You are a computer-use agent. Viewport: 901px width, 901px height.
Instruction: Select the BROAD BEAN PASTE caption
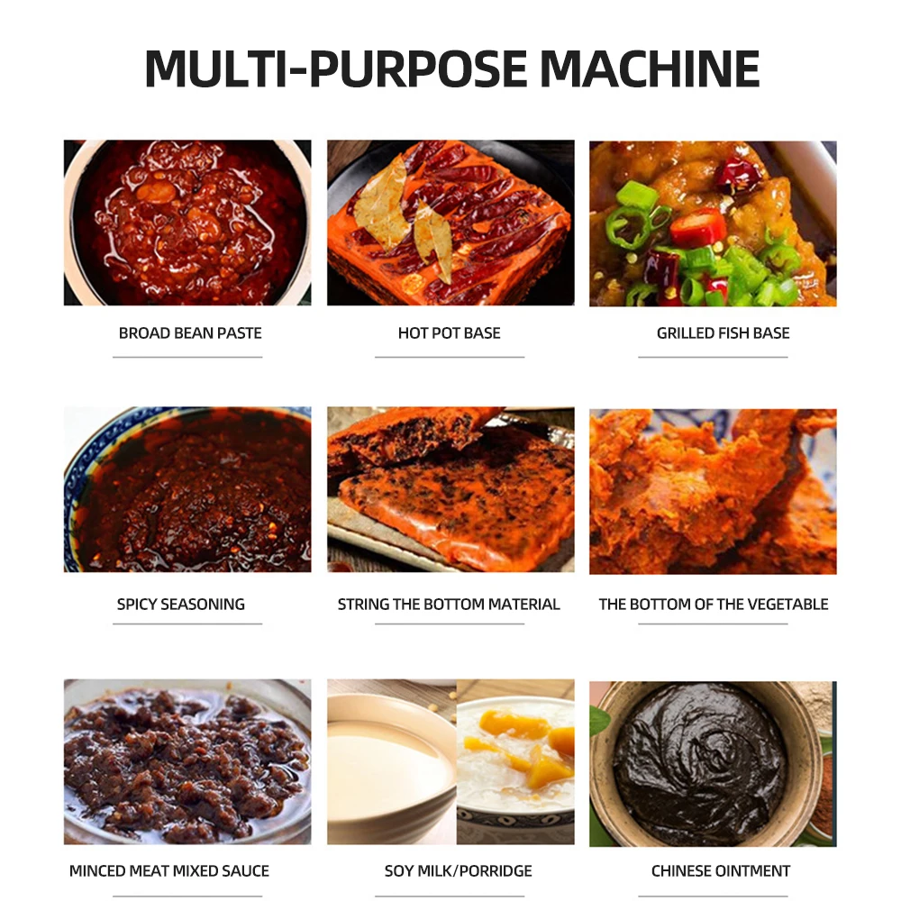tap(190, 333)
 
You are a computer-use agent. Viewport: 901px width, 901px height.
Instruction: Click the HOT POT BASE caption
tap(449, 333)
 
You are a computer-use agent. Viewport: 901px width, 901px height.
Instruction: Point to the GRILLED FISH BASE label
tap(723, 333)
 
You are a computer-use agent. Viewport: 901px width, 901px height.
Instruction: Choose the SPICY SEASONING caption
tap(180, 605)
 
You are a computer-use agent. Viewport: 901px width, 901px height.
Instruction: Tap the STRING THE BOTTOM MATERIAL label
tap(449, 605)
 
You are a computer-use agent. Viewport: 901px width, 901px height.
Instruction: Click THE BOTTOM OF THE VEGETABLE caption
tap(714, 605)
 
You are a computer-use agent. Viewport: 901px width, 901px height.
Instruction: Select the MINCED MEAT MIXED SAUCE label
tap(169, 871)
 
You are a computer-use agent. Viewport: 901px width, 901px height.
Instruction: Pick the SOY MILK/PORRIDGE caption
tap(458, 871)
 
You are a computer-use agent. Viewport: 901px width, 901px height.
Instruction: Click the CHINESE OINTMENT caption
tap(721, 871)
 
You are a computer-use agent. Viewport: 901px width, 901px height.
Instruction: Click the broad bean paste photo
tap(187, 223)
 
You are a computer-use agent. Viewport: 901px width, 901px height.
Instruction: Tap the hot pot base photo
tap(450, 223)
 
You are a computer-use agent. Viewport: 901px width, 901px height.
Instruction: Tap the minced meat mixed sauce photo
tap(187, 762)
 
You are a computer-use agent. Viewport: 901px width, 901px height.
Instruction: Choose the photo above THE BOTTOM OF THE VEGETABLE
tap(713, 491)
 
